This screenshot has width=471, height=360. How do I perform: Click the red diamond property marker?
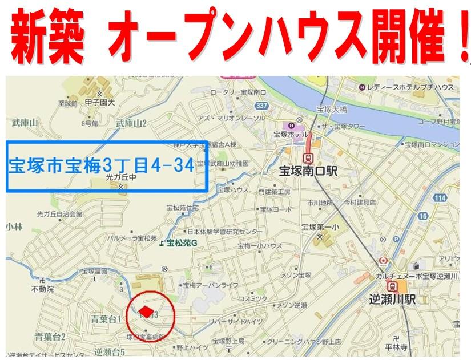tap(147, 311)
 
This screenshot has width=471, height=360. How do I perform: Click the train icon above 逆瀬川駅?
tap(393, 286)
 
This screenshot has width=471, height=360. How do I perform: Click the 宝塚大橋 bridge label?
tap(331, 108)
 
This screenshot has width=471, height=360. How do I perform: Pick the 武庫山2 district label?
tap(131, 123)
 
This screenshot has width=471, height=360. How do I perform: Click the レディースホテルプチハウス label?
tap(410, 87)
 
